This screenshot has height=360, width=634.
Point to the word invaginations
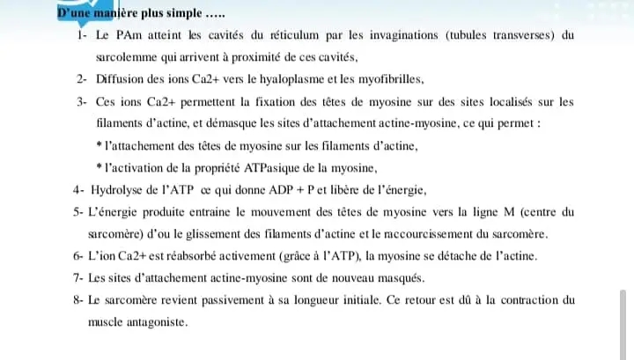point(392,36)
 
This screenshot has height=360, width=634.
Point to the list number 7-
point(81,278)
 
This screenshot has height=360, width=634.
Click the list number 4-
point(81,190)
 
